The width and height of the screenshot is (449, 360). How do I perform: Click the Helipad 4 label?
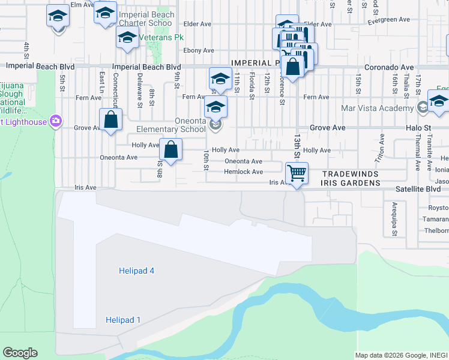pos(136,271)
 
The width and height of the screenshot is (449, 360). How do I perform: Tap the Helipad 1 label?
pos(122,320)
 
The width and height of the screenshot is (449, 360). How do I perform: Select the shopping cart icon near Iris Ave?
pos(297,173)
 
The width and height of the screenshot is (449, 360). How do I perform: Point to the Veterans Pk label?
pos(161,37)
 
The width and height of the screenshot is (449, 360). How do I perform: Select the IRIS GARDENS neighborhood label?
pos(351,182)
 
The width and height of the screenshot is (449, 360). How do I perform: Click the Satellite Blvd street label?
pos(418,188)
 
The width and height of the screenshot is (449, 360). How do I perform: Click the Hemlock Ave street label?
pos(244,172)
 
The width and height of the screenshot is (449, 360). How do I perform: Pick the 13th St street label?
pos(297,145)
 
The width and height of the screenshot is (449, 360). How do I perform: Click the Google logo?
pos(20,353)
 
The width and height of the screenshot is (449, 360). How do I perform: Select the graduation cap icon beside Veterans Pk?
pos(127,38)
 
